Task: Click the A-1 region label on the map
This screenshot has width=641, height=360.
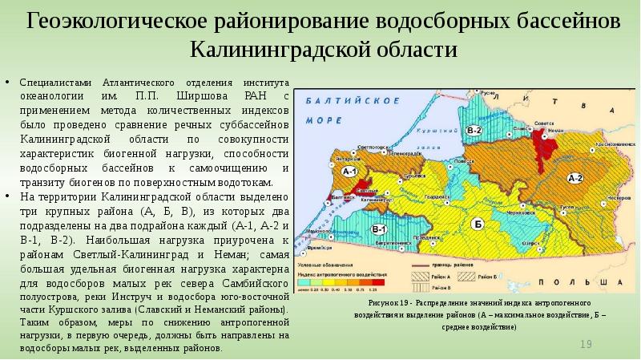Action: [x=349, y=172]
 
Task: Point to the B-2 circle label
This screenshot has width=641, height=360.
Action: [x=474, y=130]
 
